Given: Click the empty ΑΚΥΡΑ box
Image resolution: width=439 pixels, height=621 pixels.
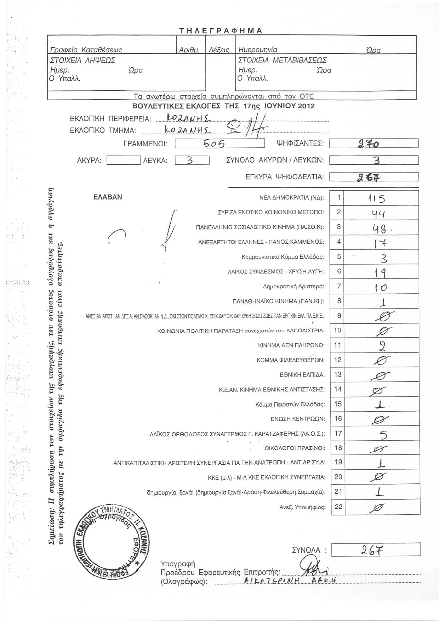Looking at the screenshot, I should click(124, 161).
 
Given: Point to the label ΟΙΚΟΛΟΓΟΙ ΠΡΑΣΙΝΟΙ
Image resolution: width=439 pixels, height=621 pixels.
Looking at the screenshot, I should click(295, 448).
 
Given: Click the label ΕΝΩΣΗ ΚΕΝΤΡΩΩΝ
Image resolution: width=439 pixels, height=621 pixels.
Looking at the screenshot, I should click(298, 419).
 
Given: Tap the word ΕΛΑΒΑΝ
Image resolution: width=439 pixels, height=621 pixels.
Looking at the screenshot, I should click(108, 197).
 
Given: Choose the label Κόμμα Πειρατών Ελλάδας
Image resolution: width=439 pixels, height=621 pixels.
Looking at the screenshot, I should click(290, 404).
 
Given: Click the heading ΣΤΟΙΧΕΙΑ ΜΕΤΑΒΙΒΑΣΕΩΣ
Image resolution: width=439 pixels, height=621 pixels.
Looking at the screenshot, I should click(283, 60).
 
